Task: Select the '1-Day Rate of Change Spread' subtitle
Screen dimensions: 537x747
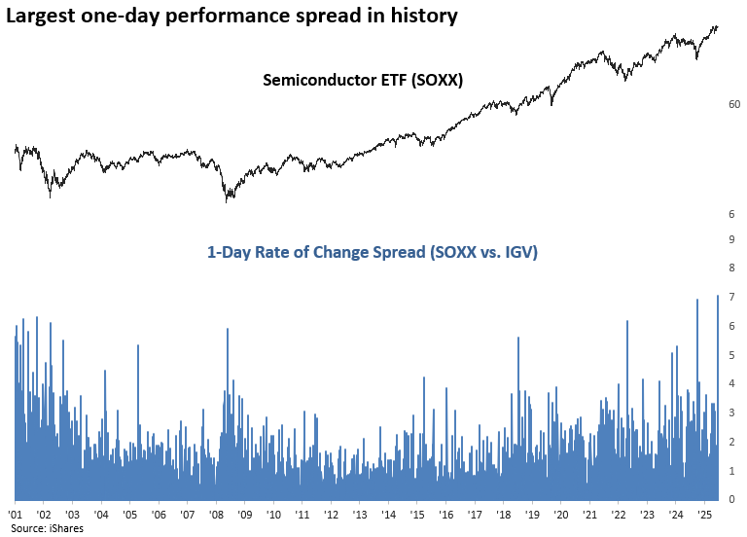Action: (373, 252)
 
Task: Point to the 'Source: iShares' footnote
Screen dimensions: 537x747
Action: (48, 527)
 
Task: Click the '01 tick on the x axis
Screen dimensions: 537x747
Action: (16, 514)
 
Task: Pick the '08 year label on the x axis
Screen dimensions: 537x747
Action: (216, 514)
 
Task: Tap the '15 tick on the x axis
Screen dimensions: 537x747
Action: (417, 514)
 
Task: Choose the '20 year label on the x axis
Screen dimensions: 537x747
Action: (561, 514)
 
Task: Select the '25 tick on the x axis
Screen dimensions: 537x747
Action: (704, 514)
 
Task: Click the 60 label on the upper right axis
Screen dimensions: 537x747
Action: (734, 104)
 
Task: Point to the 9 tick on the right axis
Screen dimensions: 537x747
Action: (730, 239)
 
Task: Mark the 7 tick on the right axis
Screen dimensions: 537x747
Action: (730, 297)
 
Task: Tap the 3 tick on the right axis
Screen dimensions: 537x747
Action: (730, 412)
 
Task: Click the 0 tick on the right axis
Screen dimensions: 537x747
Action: (730, 499)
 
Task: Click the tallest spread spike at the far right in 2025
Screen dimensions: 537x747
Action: (718, 298)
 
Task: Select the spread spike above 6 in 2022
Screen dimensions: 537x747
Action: (627, 323)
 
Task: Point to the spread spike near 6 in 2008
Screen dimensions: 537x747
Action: (228, 331)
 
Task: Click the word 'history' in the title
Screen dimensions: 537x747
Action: (425, 17)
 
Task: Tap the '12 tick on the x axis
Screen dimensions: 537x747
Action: (331, 514)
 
